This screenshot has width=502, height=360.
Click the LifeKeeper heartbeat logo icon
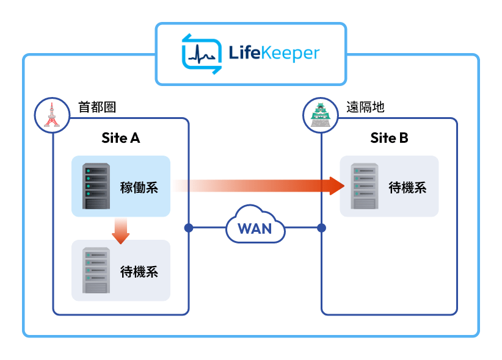(x=202, y=54)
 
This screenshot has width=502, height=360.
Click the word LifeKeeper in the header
(x=274, y=54)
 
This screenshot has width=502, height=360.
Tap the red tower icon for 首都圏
(x=49, y=113)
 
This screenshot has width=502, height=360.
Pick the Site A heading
(x=120, y=138)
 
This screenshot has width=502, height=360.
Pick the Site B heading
(x=389, y=138)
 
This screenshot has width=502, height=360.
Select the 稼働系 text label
(x=139, y=187)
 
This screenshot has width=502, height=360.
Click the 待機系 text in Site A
(x=139, y=272)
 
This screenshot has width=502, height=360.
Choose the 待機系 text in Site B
(x=408, y=187)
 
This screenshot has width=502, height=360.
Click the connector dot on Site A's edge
(x=188, y=228)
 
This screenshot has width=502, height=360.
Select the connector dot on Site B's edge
(x=322, y=228)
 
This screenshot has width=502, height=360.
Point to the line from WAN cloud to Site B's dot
(x=302, y=228)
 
